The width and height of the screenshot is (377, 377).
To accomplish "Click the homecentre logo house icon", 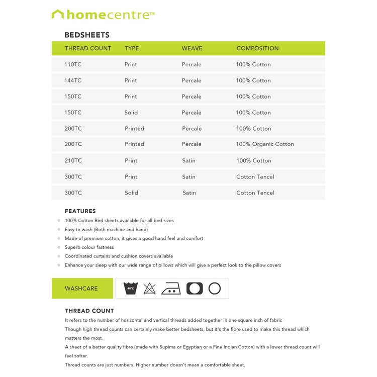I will tap(58, 15).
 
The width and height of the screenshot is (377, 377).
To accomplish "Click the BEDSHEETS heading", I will tap(87, 35).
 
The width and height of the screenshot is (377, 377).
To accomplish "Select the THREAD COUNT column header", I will tap(88, 48).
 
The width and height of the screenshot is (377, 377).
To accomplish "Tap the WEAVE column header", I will tap(192, 48).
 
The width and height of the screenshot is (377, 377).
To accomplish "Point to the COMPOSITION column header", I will tap(257, 48).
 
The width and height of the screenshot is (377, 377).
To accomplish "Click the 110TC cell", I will tap(73, 64).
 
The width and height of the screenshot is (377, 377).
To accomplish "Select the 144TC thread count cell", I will tap(73, 80).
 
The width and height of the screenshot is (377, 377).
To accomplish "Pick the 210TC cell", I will tap(73, 161).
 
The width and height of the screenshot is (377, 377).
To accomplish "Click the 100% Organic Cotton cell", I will tap(265, 144).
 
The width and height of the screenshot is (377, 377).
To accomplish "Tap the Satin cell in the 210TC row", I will tap(189, 161).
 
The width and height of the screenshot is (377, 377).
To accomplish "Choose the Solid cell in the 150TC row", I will tap(131, 113).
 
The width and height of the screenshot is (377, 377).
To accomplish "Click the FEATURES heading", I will tap(80, 211).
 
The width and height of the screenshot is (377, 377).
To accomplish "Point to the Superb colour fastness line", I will tap(89, 247).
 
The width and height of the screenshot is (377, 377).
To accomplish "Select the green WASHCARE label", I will tap(81, 289).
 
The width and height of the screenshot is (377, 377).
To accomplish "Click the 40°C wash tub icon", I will tap(131, 289).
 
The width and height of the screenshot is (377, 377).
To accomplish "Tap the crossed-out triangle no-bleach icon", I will tap(150, 289).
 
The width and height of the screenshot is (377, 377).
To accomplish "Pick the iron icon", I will tap(171, 289).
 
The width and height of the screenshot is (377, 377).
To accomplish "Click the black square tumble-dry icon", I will tap(195, 289).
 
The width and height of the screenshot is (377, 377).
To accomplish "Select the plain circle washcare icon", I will tap(215, 289).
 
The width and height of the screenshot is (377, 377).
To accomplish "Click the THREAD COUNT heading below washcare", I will tap(89, 311).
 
